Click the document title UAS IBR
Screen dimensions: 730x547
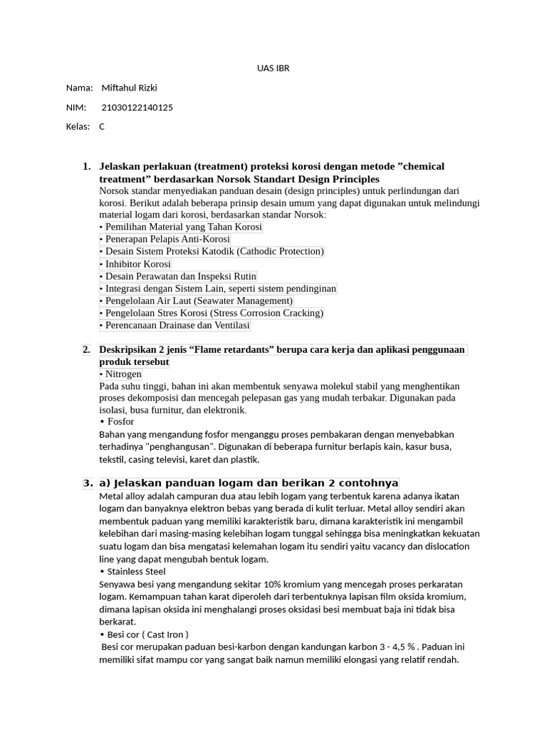273,68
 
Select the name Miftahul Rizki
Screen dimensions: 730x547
129,88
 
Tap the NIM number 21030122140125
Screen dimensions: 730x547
137,108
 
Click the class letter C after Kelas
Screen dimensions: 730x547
102,127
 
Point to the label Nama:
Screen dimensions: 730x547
79,88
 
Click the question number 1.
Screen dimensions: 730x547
86,166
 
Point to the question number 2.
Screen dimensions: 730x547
86,349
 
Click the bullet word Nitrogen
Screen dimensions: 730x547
123,374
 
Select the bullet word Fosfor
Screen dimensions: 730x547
120,421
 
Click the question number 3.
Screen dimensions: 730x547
88,483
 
